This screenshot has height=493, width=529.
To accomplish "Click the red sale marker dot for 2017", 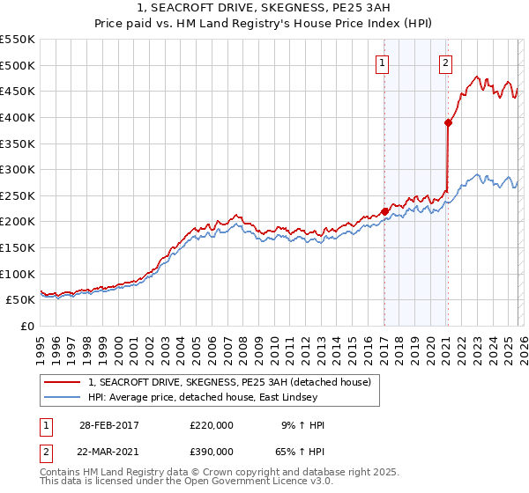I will (x=384, y=211).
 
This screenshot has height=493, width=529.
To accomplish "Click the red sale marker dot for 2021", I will (x=448, y=123).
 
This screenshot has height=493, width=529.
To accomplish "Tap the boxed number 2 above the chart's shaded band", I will (x=446, y=63).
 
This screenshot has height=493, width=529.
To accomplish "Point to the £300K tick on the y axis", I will (x=18, y=169).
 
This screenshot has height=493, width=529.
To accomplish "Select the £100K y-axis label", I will (x=18, y=274).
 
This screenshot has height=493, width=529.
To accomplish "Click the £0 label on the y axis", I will (x=26, y=326).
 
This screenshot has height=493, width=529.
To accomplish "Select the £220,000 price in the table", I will (x=212, y=425).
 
